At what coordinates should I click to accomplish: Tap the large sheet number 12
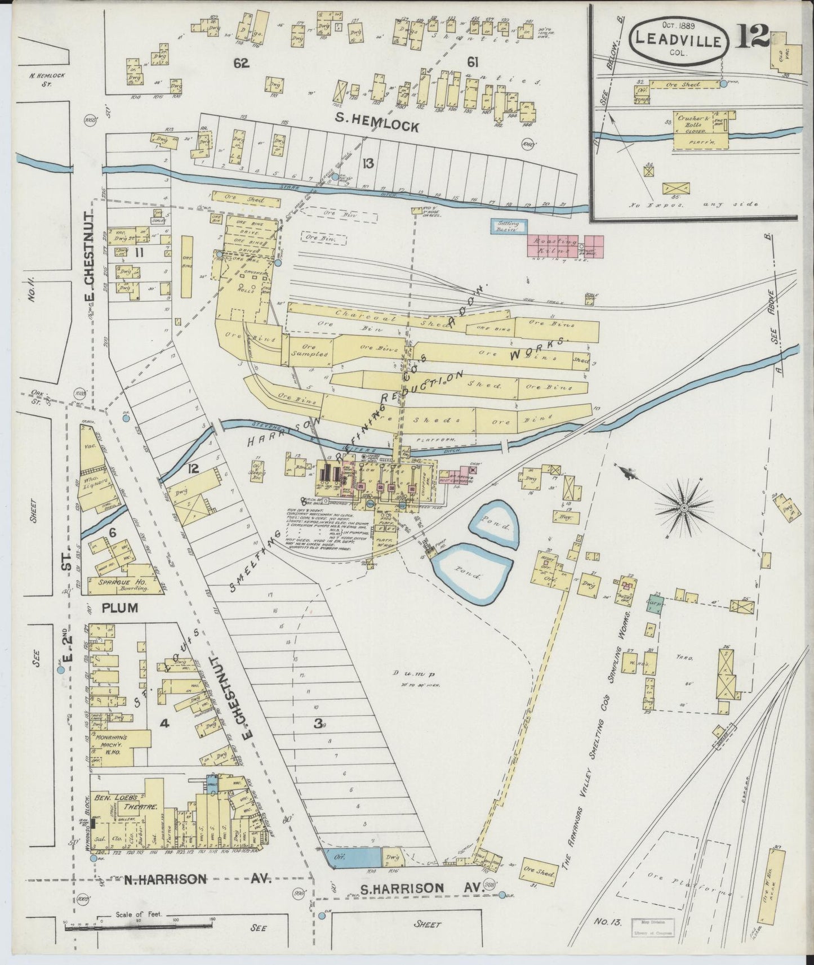click(753, 38)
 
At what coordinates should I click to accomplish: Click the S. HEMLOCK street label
click(377, 123)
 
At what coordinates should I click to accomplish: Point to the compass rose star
click(683, 508)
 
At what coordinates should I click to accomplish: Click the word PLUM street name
click(119, 608)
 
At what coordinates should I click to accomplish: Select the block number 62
click(241, 64)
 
